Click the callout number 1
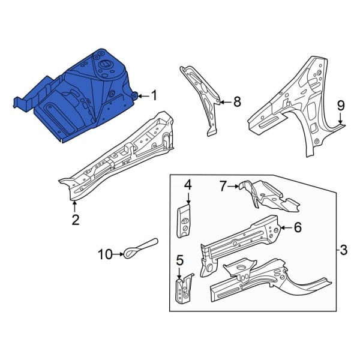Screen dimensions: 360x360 154,95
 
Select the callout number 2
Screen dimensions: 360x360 75,220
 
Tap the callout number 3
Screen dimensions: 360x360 344,250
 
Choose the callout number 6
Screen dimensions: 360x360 297,227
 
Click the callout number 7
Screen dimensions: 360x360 223,187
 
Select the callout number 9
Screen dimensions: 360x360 341,106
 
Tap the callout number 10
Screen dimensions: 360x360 104,254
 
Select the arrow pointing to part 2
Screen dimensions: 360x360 75,206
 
